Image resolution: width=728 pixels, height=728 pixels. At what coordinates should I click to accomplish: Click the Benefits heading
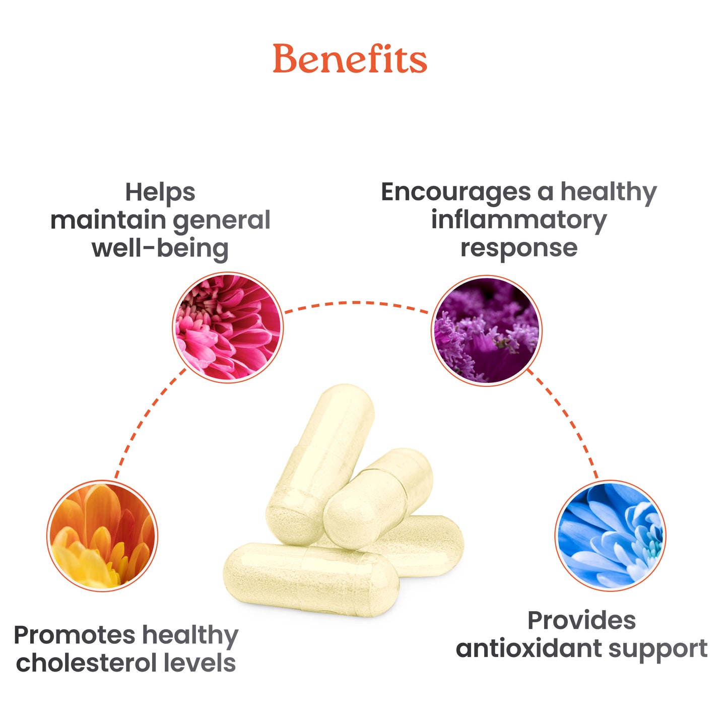point(350,59)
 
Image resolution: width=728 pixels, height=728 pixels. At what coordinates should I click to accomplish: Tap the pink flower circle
point(228,327)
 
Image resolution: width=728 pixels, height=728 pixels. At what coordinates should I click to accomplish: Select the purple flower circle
point(487,330)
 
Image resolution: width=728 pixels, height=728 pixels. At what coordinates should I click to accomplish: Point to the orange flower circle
point(102,536)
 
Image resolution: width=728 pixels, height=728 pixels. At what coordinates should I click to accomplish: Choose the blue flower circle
point(610,536)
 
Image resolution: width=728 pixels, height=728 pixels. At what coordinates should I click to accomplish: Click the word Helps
point(160,192)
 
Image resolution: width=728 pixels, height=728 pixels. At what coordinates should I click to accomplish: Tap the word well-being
point(160,248)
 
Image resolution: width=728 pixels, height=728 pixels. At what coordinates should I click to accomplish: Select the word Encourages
point(455,192)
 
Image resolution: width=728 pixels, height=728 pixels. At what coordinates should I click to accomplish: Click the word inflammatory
point(519,220)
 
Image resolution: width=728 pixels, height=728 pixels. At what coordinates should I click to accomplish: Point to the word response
point(519,248)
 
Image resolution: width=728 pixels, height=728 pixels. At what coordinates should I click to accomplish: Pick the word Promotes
point(75,635)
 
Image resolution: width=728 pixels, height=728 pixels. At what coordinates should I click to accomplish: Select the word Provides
point(581,621)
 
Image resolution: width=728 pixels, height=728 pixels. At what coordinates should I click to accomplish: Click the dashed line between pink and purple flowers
point(356,303)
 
